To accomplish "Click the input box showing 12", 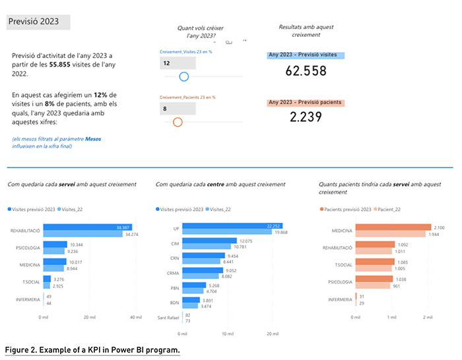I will pyautogui.click(x=178, y=63).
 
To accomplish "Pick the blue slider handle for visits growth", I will pyautogui.click(x=184, y=76).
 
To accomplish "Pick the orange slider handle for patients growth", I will pyautogui.click(x=177, y=122).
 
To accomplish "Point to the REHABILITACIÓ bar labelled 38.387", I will pyautogui.click(x=86, y=227).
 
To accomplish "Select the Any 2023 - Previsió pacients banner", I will pyautogui.click(x=305, y=103).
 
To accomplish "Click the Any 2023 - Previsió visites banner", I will pyautogui.click(x=306, y=56).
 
